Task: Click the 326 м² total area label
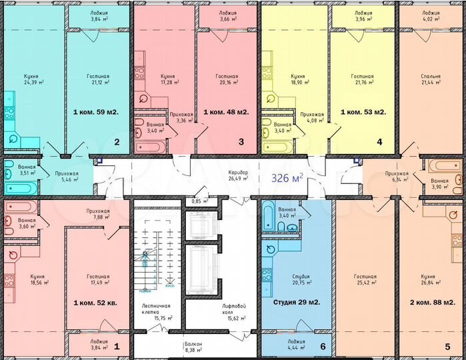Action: coord(287,178)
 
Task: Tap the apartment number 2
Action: coord(117,142)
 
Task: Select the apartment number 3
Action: coord(242,142)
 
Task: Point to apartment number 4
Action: coord(379,142)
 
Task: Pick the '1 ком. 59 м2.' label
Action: coord(95,112)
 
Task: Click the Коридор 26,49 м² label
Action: coord(237,175)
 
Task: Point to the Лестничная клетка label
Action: coord(156,310)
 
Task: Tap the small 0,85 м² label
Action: coord(197,201)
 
